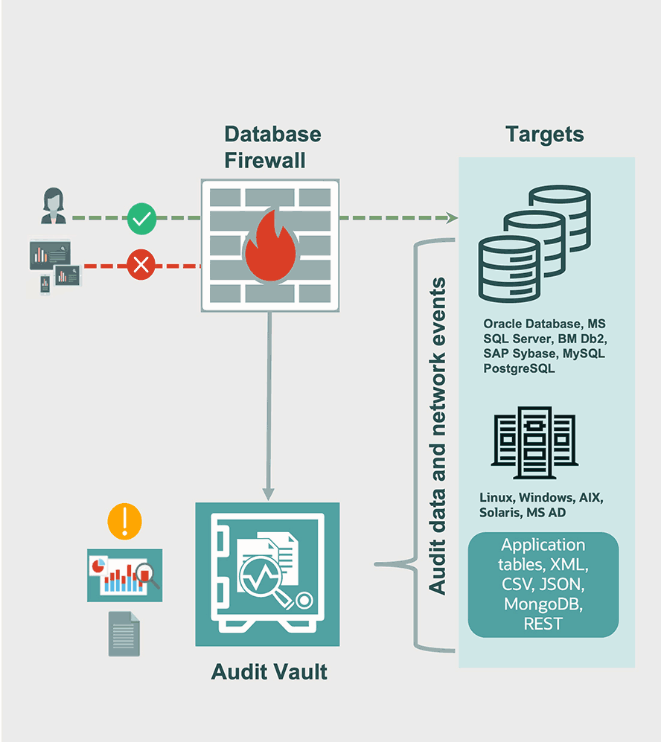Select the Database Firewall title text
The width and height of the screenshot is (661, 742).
[x=272, y=147]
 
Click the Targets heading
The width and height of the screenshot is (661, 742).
[x=545, y=135]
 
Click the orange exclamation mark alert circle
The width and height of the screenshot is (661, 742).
[x=124, y=521]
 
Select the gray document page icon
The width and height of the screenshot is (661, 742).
[x=124, y=633]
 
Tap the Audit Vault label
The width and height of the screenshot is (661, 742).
[x=269, y=672]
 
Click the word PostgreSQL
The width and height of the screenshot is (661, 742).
[x=519, y=368]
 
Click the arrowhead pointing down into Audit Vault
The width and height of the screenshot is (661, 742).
[x=269, y=493]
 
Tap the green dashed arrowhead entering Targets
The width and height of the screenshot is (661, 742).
[x=451, y=218]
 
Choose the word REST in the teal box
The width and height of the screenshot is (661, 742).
[x=543, y=624]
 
